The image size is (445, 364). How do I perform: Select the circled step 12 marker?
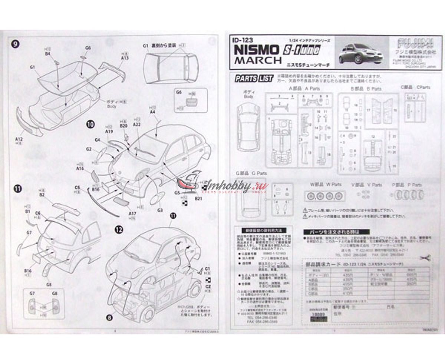[x=118, y=230]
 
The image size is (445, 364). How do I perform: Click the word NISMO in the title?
[x=256, y=49]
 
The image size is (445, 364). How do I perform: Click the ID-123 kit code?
[x=241, y=40]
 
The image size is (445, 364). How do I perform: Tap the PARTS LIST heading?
[x=254, y=78]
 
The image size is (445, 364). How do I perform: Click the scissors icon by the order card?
[x=425, y=258]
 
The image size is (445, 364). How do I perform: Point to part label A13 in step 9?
[x=125, y=58]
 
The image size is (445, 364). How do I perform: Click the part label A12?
[x=19, y=139]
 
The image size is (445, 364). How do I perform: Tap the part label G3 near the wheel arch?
[x=160, y=210]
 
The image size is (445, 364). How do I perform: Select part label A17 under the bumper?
[x=132, y=214]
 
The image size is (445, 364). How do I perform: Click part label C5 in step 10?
[x=78, y=187]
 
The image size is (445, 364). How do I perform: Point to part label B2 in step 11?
[x=42, y=195]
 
